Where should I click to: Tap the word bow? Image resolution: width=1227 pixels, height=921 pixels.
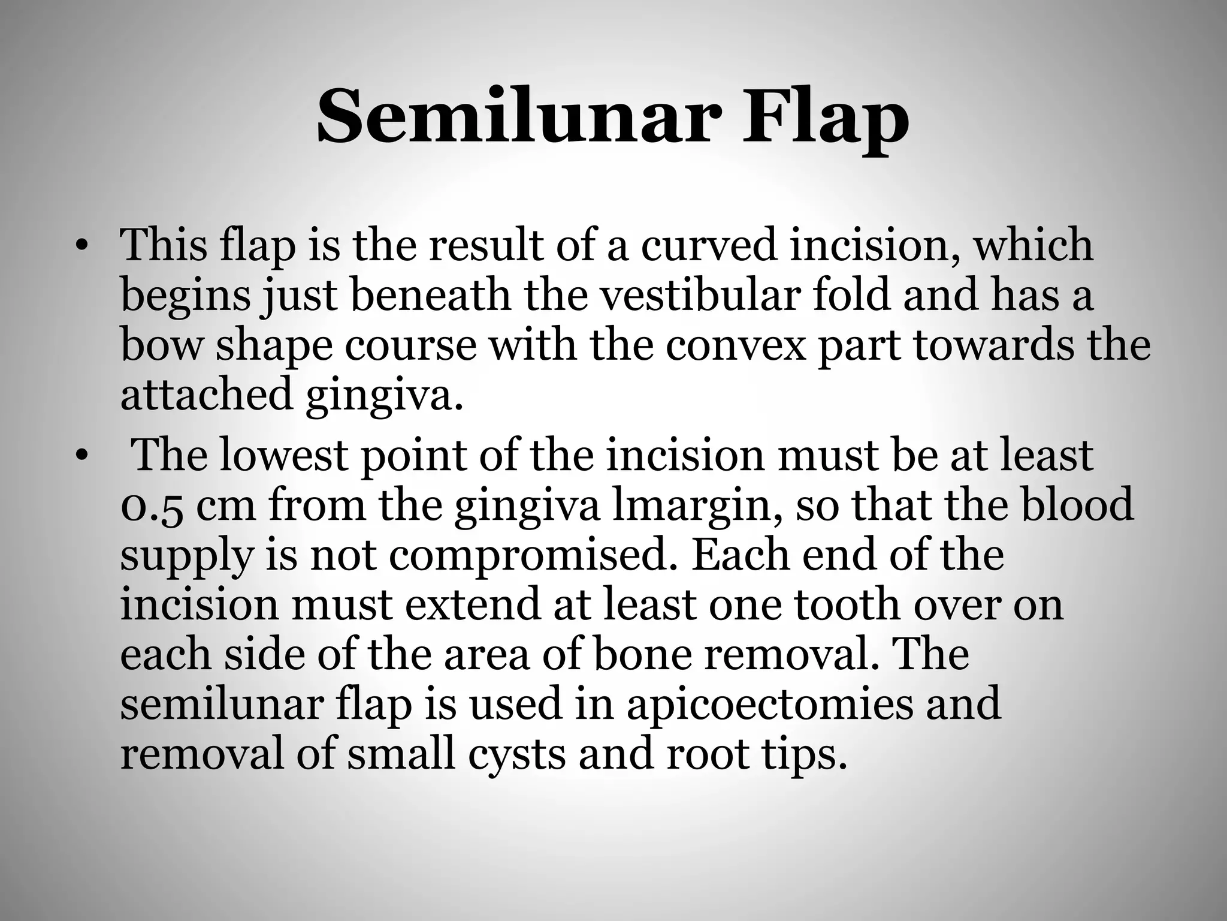pyautogui.click(x=161, y=345)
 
